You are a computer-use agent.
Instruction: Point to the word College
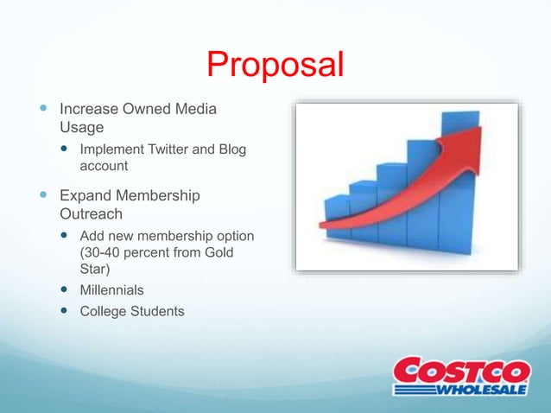click(x=104, y=311)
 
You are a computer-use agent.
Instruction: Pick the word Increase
click(x=87, y=110)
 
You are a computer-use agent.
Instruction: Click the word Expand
click(x=84, y=196)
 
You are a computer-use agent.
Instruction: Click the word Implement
click(x=110, y=149)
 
